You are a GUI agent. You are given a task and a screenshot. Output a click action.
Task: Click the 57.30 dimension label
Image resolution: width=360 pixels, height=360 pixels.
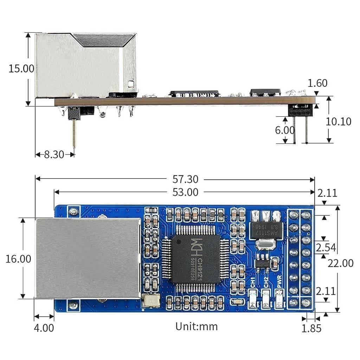coord(185,179)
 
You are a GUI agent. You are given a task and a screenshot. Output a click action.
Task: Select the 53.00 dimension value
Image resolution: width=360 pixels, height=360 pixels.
coord(185,192)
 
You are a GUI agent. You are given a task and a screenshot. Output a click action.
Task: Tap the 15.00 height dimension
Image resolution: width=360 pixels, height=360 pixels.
coord(21,69)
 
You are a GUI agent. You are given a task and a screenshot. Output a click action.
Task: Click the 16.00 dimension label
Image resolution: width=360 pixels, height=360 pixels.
coord(18,259)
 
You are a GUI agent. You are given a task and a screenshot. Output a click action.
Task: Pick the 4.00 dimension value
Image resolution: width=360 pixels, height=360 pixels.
coord(44,328)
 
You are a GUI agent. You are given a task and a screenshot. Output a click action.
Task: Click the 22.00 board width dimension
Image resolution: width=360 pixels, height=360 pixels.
coord(340,263)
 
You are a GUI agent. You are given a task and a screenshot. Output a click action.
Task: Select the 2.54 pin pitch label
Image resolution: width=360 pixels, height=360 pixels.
coord(326,248)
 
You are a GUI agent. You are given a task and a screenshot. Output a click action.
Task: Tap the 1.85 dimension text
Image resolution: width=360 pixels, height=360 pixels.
coord(311,328)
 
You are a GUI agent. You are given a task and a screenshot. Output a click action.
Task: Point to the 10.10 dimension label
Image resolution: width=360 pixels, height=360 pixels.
coord(339,122)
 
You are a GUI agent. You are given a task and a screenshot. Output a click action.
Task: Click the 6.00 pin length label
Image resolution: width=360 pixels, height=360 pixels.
coord(285,130)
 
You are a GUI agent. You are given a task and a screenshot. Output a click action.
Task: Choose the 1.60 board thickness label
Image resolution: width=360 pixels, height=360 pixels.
coord(317,83)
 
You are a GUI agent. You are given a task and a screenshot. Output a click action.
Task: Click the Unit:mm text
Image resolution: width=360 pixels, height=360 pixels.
coord(197,327)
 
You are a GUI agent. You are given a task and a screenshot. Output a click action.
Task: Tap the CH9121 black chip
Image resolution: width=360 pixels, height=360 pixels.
coord(195,259)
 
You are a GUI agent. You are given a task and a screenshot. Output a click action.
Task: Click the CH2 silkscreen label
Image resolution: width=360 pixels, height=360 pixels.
coord(266,282)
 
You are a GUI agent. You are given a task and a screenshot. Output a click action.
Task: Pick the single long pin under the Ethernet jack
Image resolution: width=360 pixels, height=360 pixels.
coord(74,134)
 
